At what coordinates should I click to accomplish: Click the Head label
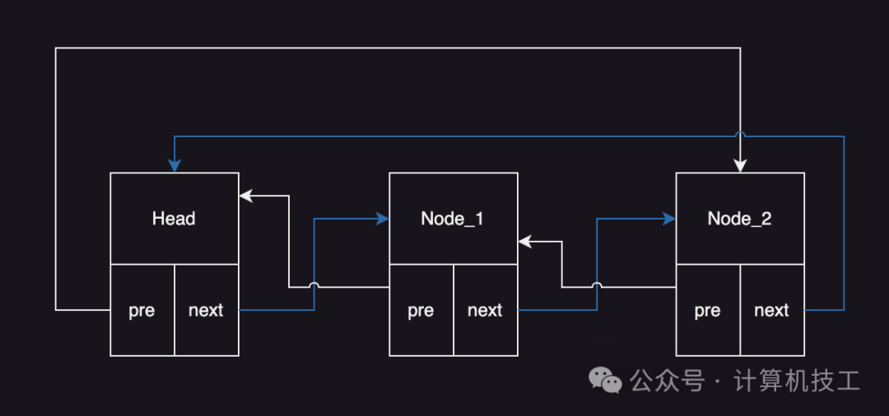click(x=174, y=219)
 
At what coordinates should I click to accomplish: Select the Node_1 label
click(x=453, y=219)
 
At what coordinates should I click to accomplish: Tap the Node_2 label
click(x=739, y=219)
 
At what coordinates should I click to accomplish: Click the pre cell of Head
click(x=142, y=310)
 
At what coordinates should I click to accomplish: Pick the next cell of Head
click(x=206, y=310)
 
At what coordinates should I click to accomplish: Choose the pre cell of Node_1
click(x=421, y=310)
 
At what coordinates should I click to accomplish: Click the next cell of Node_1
click(x=485, y=310)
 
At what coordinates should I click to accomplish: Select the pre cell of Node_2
click(x=707, y=310)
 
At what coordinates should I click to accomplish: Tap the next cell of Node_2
click(x=771, y=310)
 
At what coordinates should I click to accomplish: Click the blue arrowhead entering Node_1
click(x=383, y=219)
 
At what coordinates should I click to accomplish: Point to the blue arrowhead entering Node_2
click(x=669, y=219)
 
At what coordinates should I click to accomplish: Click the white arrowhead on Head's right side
click(x=245, y=196)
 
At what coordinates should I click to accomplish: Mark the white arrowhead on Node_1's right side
click(x=524, y=242)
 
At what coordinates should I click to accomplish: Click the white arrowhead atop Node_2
click(x=740, y=166)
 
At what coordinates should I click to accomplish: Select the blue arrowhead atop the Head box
click(x=174, y=166)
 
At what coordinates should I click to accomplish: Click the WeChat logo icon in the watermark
click(x=605, y=381)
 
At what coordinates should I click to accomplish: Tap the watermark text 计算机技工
click(x=796, y=381)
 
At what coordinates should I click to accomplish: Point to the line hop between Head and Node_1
click(x=314, y=286)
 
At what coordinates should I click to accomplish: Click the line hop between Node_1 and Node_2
click(x=597, y=286)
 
